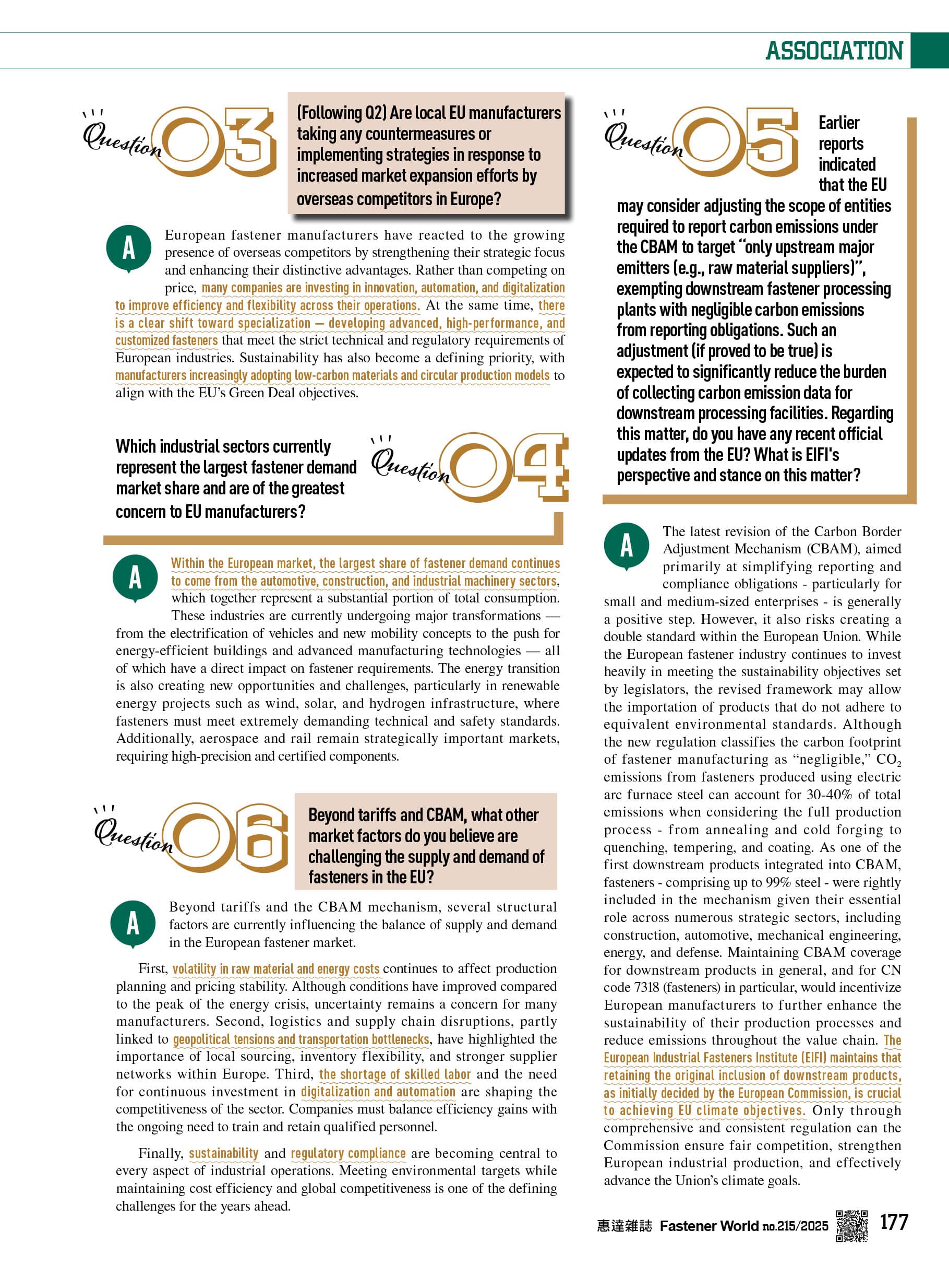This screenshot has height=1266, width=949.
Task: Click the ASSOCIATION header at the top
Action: [x=834, y=51]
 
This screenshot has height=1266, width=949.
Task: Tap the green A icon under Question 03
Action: [x=129, y=248]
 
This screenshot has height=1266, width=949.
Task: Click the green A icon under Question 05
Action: [x=627, y=545]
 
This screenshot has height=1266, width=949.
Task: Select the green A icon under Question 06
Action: [x=133, y=923]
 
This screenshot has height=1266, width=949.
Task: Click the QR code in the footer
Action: [x=852, y=1226]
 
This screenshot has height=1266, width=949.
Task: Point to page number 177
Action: [x=894, y=1222]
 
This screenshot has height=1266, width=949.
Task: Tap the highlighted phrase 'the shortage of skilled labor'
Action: [x=395, y=1074]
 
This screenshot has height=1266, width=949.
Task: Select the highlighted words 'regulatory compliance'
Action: [x=348, y=1153]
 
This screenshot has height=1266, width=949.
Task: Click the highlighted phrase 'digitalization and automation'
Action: [x=378, y=1092]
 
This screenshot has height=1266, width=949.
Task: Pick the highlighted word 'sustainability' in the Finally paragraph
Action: [x=224, y=1153]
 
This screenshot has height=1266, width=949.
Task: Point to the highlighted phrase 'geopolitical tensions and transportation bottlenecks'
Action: [x=301, y=1039]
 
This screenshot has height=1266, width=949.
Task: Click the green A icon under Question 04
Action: [x=135, y=577]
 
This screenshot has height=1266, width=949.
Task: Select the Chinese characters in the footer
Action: [x=624, y=1226]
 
